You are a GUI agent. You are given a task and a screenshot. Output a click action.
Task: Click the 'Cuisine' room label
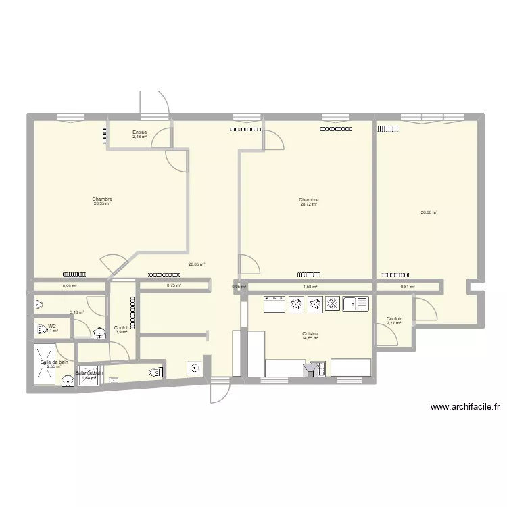pos(310,334)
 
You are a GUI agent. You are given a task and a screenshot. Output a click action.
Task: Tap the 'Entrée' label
pos(140,132)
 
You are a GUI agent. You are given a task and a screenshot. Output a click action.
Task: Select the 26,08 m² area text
pos(429,213)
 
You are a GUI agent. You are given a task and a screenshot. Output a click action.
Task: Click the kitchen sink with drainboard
pos(356,304)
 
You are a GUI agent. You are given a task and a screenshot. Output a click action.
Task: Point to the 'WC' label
pos(51,326)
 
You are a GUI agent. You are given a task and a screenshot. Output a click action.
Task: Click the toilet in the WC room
pos(38,331)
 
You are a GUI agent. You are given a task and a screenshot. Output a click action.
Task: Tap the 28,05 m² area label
pos(197,265)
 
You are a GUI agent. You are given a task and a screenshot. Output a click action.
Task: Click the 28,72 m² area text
pos(309,204)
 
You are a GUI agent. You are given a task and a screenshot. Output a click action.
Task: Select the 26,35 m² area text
pos(103,204)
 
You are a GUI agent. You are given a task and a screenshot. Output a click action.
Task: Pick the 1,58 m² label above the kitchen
pos(310,287)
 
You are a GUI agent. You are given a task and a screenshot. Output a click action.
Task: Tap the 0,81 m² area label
pos(407,287)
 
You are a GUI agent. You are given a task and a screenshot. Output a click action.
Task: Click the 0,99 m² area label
pos(69,287)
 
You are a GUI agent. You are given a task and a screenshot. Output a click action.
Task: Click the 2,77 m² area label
pos(394,323)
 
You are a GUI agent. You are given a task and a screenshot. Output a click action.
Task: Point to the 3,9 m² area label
pos(122,332)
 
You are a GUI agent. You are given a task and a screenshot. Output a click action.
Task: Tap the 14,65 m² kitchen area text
pos(310,339)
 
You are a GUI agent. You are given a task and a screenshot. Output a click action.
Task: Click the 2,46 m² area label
pos(140,137)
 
